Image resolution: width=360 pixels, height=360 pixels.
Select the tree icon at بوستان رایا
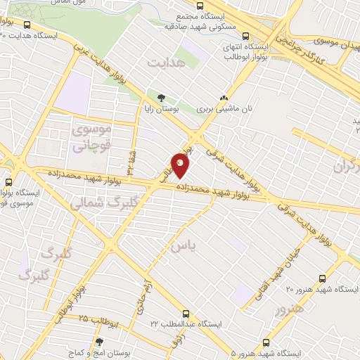coord(162,98)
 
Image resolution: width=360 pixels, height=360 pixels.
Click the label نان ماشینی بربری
coord(224,110)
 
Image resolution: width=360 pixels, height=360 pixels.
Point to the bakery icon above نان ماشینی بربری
coord(224,99)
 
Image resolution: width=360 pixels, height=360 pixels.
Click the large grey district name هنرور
coord(290,309)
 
